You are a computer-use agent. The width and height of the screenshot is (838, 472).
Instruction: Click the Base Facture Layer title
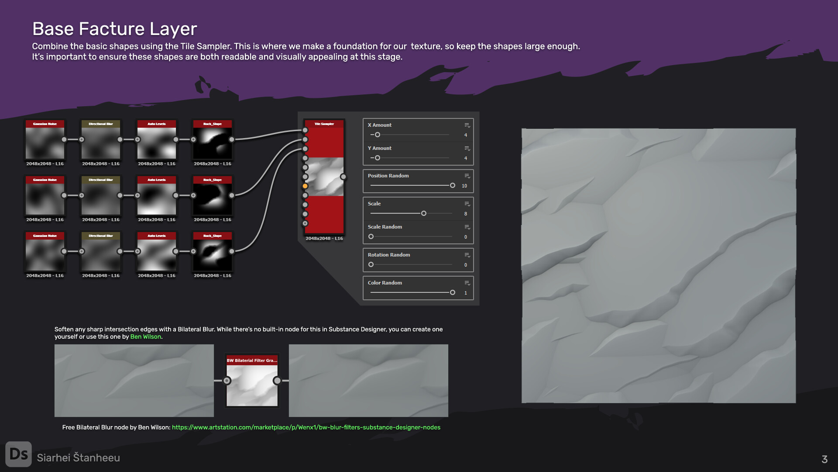(114, 29)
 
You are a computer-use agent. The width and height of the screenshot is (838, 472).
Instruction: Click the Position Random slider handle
(452, 186)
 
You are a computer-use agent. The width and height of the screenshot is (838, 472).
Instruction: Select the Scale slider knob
(423, 214)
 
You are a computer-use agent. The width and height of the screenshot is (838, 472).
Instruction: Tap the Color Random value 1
(465, 293)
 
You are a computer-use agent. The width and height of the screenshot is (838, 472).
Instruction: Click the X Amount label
(379, 125)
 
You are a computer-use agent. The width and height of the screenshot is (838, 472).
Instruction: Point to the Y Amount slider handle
(378, 158)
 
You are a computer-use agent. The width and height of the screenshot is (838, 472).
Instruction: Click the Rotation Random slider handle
(371, 265)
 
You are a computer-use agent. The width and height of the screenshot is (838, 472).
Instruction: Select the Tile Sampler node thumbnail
(324, 177)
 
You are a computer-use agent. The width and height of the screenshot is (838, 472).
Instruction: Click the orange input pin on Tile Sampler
(305, 186)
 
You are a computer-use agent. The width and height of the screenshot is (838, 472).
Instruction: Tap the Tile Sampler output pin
(343, 177)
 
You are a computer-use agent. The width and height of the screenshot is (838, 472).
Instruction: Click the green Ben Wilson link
(145, 337)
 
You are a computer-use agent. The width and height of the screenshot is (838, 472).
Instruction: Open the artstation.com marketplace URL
(306, 427)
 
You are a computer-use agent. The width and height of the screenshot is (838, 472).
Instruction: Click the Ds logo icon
(18, 454)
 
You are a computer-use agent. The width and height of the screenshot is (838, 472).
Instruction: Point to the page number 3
(824, 459)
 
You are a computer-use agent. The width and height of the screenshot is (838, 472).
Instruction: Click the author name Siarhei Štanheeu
(79, 458)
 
